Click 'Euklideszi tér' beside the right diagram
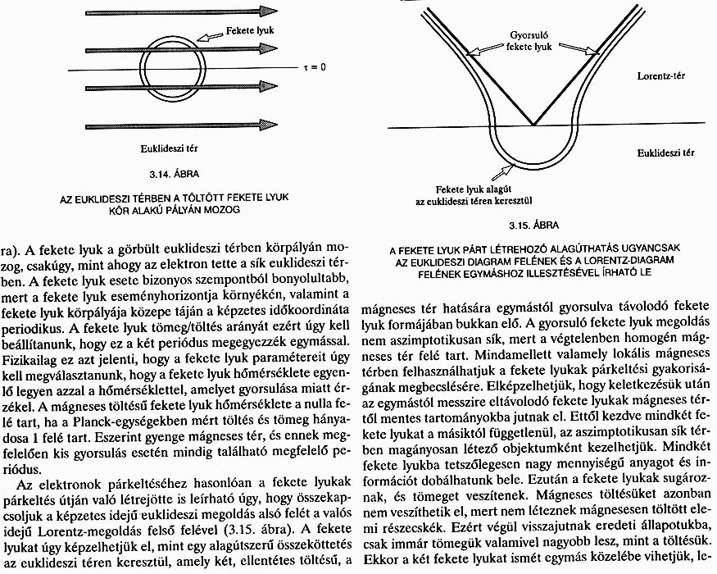click(665, 153)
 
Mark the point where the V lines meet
click(533, 125)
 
